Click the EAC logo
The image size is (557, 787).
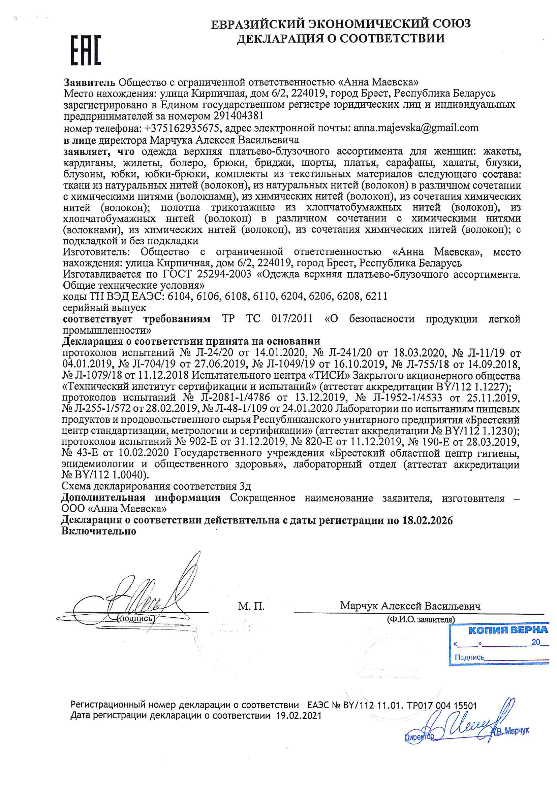tap(86, 50)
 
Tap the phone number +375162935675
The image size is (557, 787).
tap(182, 128)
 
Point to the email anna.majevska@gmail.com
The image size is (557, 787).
tap(415, 128)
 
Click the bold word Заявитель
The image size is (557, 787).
tap(89, 82)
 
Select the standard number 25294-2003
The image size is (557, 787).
tap(224, 274)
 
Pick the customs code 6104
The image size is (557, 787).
tap(179, 296)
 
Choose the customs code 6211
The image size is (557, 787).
tap(376, 296)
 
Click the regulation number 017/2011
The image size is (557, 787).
tap(292, 319)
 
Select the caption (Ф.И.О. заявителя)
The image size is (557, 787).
tap(421, 619)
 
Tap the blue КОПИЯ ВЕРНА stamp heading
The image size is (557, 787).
tap(508, 630)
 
